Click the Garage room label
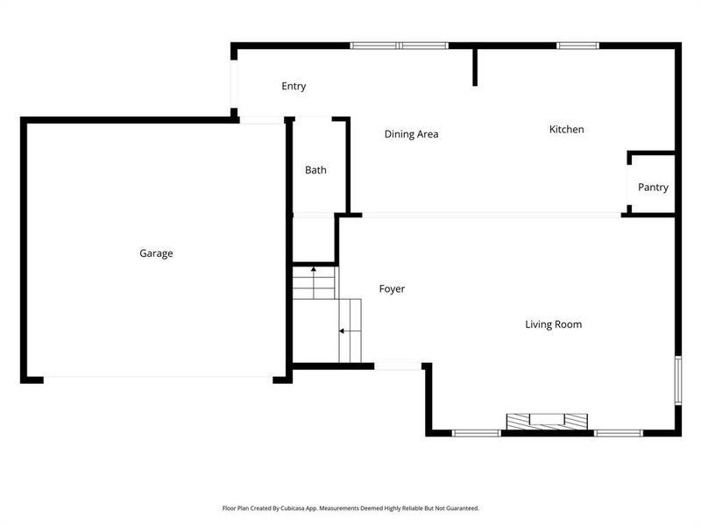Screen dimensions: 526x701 (x=156, y=253)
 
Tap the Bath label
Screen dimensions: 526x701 (x=315, y=170)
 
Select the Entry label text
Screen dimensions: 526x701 (x=294, y=86)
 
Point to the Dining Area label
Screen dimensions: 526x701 (x=411, y=134)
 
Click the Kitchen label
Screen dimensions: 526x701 (x=566, y=130)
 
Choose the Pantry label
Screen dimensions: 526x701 (x=653, y=188)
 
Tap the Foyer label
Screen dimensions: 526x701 (x=392, y=288)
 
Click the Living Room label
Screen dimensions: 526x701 (x=553, y=324)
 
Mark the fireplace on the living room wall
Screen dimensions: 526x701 (x=547, y=422)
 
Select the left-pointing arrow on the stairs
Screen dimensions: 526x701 (x=343, y=331)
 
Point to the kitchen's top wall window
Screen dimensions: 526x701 (x=577, y=45)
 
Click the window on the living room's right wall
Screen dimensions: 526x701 (x=677, y=380)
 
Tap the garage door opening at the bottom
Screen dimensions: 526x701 (x=158, y=379)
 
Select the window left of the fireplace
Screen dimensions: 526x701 (x=477, y=432)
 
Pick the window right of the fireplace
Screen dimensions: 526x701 (x=619, y=432)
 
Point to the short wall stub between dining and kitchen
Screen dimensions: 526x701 (x=475, y=67)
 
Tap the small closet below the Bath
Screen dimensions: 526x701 (x=314, y=238)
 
